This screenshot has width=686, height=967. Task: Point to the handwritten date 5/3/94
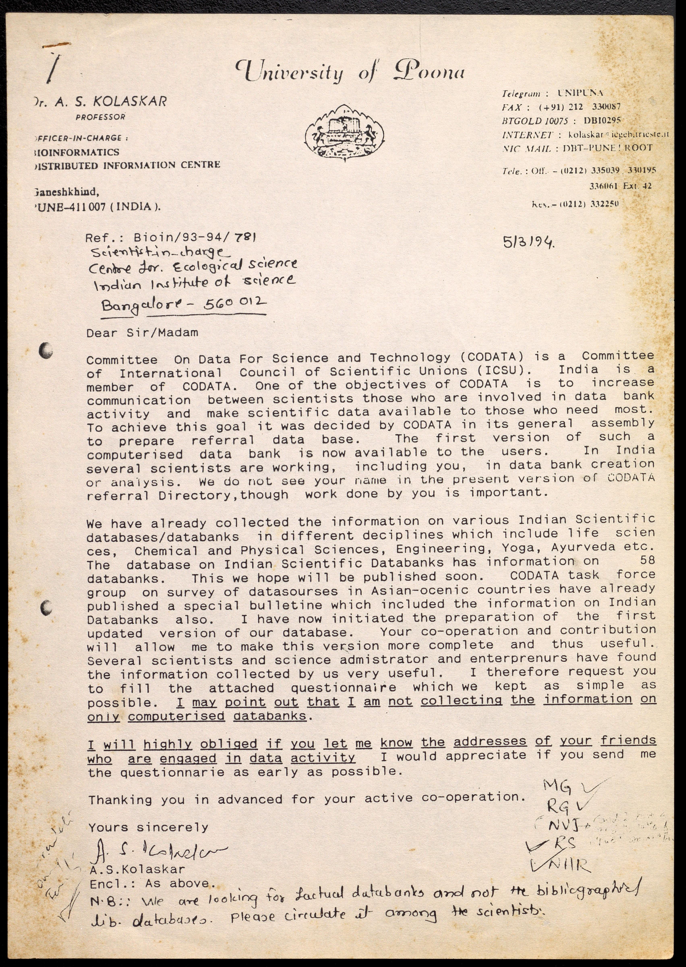(x=528, y=242)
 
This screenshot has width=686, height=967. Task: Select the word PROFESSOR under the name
(x=100, y=117)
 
